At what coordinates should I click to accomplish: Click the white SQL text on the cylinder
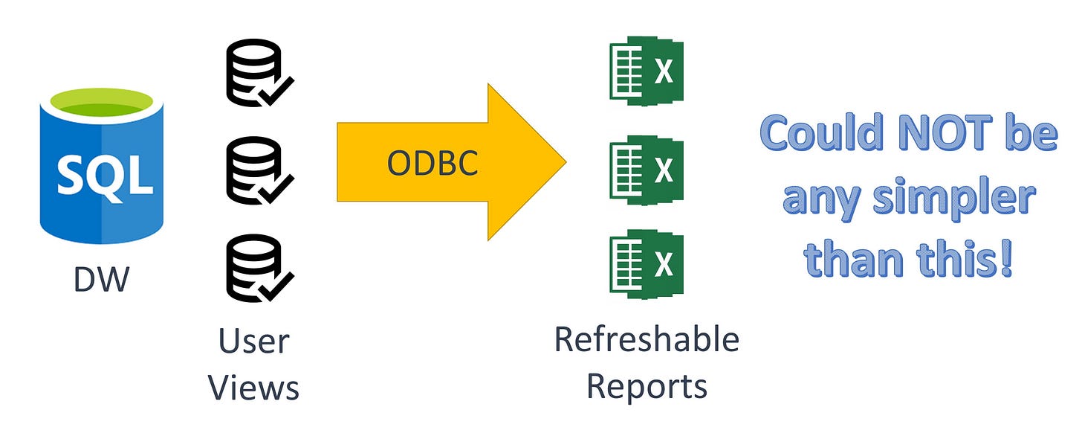coord(101,176)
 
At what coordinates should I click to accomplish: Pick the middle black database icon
coord(256,170)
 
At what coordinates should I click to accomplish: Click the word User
coord(254,341)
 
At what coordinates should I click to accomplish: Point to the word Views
coord(254,388)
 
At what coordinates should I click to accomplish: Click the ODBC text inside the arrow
coord(432,164)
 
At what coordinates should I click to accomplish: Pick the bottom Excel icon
coord(646,266)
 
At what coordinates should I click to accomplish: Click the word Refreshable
coord(647,340)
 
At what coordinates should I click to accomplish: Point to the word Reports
coord(647,386)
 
